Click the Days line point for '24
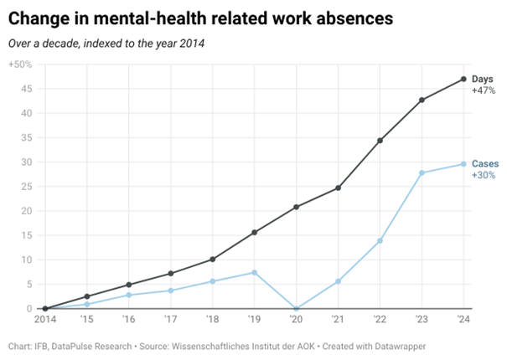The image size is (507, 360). coord(463,80)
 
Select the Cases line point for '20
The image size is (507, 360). coord(296,308)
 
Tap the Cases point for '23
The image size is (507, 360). coord(422,172)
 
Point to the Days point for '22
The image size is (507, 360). coord(380,141)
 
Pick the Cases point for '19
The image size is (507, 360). coord(254,272)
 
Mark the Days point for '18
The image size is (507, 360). coord(212,260)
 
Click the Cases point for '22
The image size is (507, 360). coord(380,240)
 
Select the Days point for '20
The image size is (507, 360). coord(296,207)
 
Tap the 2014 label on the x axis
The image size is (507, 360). coord(44,319)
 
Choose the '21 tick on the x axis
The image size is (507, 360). coord(338,319)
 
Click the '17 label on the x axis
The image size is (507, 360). coord(170,319)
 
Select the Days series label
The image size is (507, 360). coord(483,79)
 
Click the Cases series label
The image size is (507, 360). coord(485,163)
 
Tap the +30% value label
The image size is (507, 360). coord(484,175)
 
